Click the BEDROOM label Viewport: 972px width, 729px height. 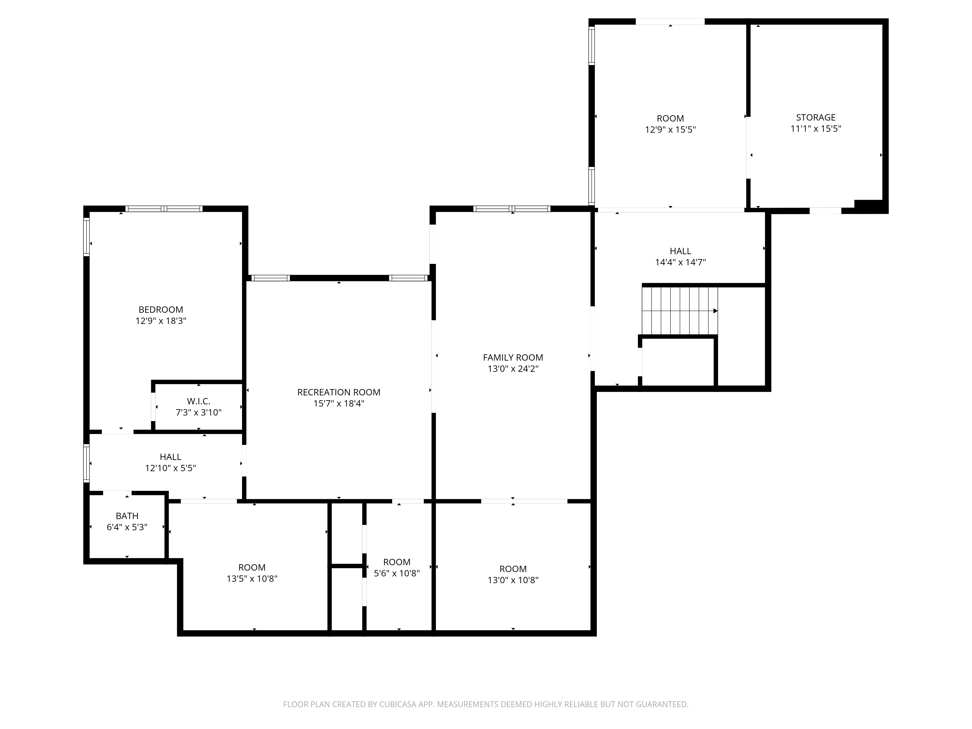click(x=161, y=310)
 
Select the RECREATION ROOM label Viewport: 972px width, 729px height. click(x=339, y=392)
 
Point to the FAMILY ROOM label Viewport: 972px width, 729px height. click(x=513, y=358)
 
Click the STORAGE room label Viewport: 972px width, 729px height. click(x=816, y=117)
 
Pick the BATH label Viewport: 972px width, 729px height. click(x=127, y=516)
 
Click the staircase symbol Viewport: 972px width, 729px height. click(x=680, y=311)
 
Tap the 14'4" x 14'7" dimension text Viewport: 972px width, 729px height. click(x=680, y=262)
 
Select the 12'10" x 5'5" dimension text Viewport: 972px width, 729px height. click(x=171, y=468)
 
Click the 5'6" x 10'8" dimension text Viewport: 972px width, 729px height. click(x=397, y=573)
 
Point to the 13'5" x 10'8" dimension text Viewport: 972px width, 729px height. click(x=252, y=579)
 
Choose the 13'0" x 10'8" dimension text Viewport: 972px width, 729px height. click(x=513, y=580)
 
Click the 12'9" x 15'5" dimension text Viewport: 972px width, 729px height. click(x=670, y=130)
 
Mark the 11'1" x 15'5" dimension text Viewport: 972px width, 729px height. click(x=816, y=129)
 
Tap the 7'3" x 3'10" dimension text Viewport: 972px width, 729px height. click(x=199, y=413)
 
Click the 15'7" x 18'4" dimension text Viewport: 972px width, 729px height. click(x=339, y=403)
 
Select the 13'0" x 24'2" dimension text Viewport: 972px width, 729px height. click(x=513, y=369)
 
